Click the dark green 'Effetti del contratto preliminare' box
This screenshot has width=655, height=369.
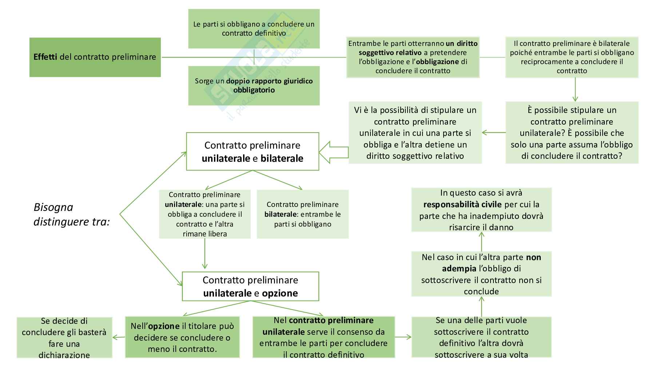(95, 57)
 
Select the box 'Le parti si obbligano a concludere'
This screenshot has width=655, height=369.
(254, 29)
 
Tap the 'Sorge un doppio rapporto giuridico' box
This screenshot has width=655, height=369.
(254, 86)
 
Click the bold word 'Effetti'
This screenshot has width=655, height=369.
(45, 57)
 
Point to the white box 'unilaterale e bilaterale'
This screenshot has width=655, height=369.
(253, 152)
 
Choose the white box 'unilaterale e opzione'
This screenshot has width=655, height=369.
(250, 286)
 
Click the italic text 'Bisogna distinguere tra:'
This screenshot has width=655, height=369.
(71, 215)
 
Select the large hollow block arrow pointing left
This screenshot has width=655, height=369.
(333, 152)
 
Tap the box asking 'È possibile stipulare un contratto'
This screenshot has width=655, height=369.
(572, 133)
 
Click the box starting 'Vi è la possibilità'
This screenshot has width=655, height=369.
(415, 133)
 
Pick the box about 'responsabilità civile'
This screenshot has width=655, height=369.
(481, 210)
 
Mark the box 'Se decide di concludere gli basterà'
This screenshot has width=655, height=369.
(64, 338)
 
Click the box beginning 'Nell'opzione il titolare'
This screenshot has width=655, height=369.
(182, 337)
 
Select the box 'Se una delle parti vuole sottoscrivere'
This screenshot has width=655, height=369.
(481, 337)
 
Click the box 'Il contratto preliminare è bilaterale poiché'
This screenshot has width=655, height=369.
(572, 57)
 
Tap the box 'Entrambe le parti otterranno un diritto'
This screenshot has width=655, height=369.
(413, 57)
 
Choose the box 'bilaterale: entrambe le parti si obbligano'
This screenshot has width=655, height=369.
(302, 214)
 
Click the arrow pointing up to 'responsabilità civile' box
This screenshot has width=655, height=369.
(481, 241)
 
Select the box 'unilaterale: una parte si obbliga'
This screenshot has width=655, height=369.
(205, 214)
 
